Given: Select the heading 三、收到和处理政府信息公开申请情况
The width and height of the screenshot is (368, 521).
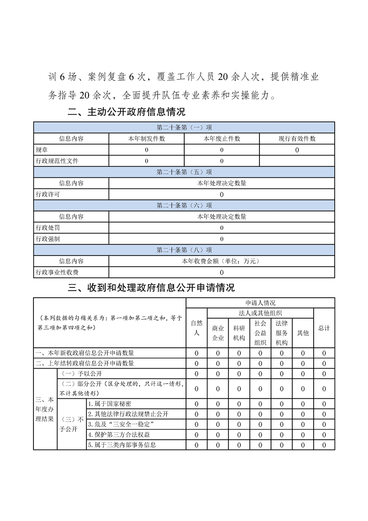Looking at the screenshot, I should point(151,287).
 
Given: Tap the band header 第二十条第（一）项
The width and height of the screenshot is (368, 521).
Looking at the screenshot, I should point(184,127).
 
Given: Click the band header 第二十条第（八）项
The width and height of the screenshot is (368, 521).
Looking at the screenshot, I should point(184,250).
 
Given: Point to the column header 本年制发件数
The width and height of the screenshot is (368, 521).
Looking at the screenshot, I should point(146,138).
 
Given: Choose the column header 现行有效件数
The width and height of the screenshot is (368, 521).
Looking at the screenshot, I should point(297,138).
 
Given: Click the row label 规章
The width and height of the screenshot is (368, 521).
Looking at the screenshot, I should point(41,150).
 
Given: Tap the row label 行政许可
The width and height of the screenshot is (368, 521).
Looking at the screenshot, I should point(48,194).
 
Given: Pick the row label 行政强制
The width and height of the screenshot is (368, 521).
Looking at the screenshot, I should point(48,239).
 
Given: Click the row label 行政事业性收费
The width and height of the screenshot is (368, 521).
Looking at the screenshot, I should point(57,272).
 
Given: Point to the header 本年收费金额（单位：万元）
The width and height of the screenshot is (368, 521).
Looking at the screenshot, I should point(221,261).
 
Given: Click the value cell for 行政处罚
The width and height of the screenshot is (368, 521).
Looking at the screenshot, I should point(221,228).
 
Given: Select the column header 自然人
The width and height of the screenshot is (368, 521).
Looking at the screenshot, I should point(196,327).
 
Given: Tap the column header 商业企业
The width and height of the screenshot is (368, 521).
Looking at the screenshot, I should point(218,332).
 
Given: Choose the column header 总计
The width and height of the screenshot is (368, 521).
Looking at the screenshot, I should point(324,327).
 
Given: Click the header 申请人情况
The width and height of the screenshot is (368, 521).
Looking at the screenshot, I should point(260,302).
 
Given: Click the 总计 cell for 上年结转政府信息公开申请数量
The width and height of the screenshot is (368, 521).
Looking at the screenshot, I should point(324,363).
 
